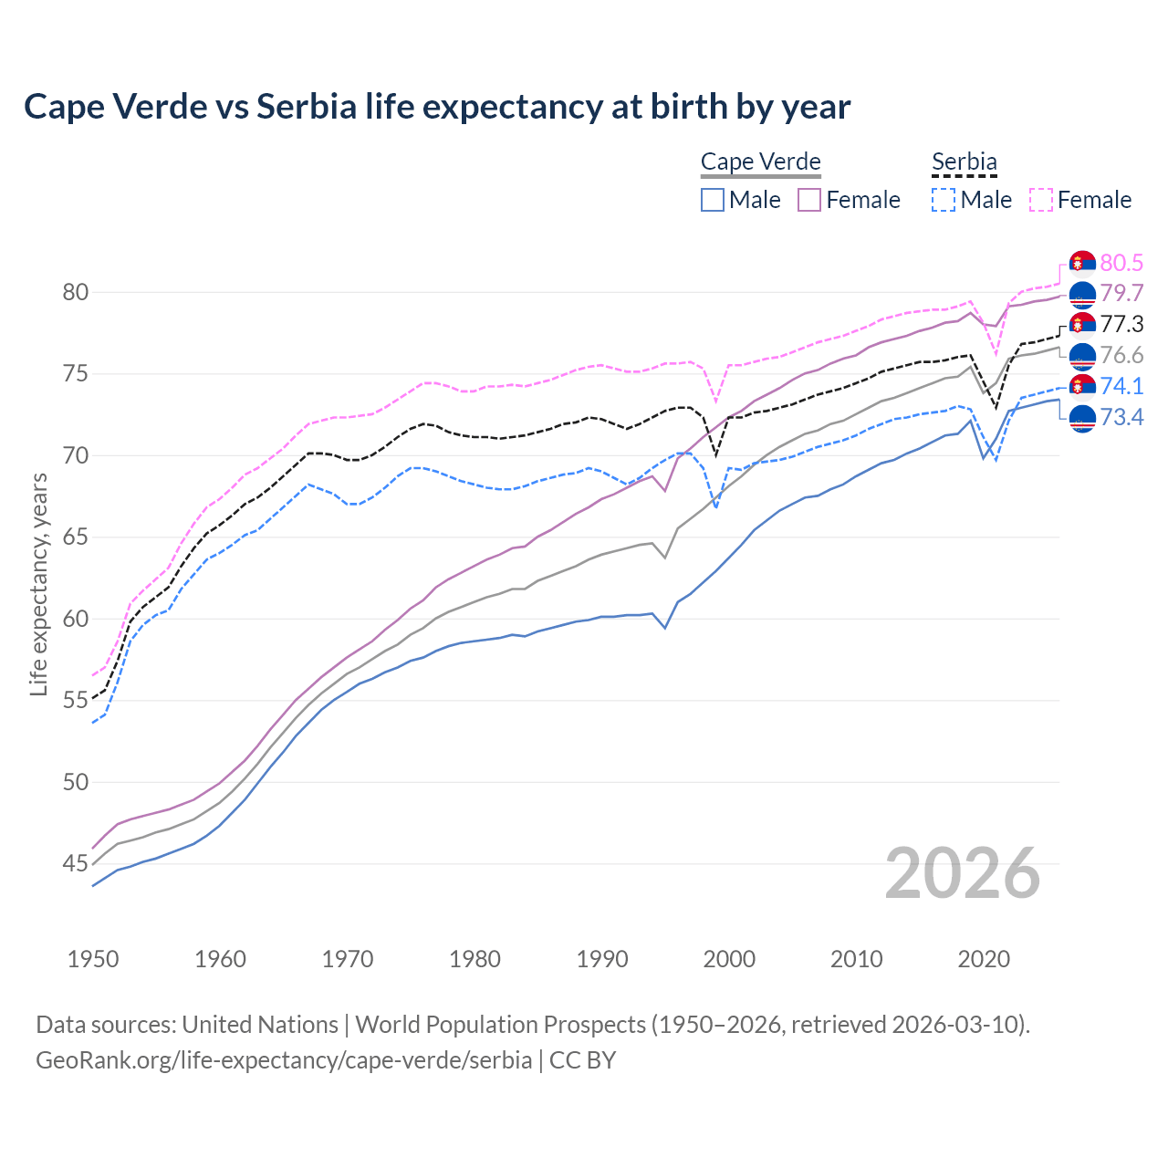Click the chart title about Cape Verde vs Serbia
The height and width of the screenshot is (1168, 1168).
click(437, 107)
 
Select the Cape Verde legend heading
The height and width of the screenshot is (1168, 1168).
click(760, 162)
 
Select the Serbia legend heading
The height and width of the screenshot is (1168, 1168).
click(964, 162)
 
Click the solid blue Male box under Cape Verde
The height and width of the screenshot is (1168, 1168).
click(713, 200)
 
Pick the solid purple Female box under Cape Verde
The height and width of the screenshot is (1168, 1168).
click(809, 200)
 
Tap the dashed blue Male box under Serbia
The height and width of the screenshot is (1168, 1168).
click(944, 200)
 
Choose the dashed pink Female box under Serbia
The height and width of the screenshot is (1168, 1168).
click(1041, 200)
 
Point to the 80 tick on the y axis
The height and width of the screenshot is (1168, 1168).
click(75, 292)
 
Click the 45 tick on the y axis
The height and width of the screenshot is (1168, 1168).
click(75, 863)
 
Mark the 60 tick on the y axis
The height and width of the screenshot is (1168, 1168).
click(75, 619)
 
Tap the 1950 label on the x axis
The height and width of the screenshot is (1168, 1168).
click(93, 959)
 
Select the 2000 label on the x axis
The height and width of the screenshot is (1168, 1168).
click(729, 959)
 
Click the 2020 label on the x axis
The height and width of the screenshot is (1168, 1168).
click(984, 959)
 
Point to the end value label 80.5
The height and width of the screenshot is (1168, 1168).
click(1121, 263)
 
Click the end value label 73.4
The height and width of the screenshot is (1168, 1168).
click(1121, 417)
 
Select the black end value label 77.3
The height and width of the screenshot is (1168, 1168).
click(1121, 324)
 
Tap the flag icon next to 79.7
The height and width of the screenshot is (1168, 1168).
click(1082, 294)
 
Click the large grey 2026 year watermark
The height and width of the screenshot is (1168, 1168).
click(963, 873)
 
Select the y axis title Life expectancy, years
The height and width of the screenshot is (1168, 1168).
click(38, 584)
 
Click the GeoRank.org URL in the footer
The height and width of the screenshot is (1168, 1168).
click(284, 1060)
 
